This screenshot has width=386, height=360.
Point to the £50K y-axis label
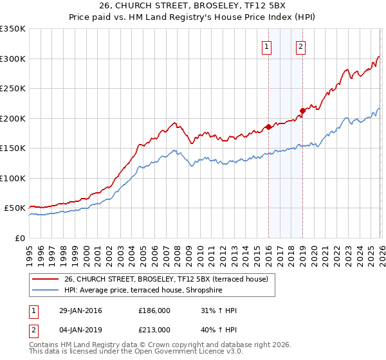pyautogui.click(x=15, y=208)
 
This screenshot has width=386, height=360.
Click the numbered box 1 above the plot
pyautogui.click(x=267, y=46)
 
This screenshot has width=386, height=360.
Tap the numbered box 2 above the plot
pyautogui.click(x=300, y=46)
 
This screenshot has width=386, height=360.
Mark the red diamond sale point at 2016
pyautogui.click(x=268, y=127)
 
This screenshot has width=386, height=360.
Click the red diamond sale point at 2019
pyautogui.click(x=302, y=111)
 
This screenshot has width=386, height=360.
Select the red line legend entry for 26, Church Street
pyautogui.click(x=170, y=278)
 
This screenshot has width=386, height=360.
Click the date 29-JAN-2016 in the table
pyautogui.click(x=80, y=310)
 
